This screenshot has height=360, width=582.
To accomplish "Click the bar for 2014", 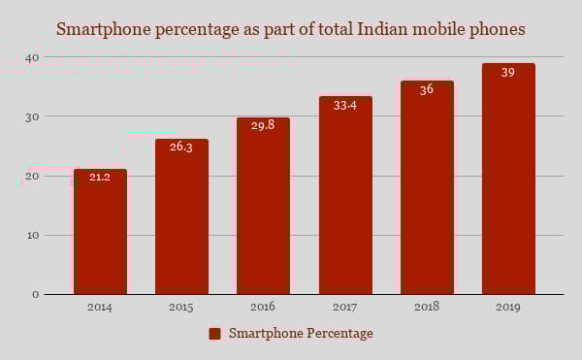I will coord(100,233).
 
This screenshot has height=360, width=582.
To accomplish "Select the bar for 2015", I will coord(181,217).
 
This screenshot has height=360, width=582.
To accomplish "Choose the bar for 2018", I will coord(427,188).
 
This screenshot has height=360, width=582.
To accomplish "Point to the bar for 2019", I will coord(508,180).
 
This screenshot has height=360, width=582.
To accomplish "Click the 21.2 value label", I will coord(100,177).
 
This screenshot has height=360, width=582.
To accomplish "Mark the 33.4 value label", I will coord(345,105).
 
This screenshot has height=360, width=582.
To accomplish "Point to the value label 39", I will coord(508,72).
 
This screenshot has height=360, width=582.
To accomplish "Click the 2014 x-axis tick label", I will coord(100,307).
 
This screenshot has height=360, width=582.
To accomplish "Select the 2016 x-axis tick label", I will coord(263,307).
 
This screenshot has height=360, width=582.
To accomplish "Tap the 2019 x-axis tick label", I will coord(508,307).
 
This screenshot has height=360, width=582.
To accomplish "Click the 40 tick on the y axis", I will coord(32,57).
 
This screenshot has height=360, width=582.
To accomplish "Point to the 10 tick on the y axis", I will coord(32,235).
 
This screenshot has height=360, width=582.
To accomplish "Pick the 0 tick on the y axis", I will coord(35,294).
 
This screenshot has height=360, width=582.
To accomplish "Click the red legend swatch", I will coord(215,334).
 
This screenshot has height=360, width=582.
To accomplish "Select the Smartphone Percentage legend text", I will coord(301,334).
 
